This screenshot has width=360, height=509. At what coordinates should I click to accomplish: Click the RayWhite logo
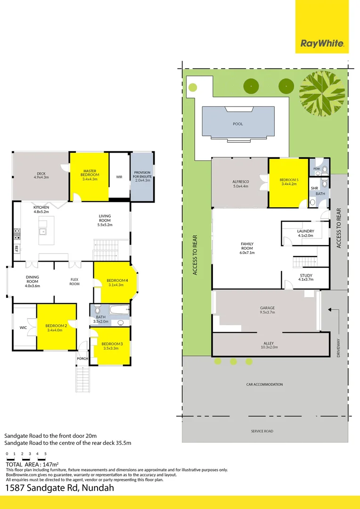pos(322,44)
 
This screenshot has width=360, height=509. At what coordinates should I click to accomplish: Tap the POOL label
pos(237,124)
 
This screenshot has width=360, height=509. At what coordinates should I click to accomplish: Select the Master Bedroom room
pos(89,176)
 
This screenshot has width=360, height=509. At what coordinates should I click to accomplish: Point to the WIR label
pos(119,177)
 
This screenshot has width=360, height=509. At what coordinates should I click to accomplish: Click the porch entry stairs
pos(82,378)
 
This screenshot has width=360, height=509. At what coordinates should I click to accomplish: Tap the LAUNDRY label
pos(306,231)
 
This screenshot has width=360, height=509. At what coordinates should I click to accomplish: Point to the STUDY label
pos(306,276)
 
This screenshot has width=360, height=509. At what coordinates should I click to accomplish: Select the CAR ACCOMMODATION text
pos(264,385)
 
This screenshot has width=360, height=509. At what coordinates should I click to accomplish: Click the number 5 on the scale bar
pos(45,454)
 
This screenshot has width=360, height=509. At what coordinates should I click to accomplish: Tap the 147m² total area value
pos(43,464)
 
